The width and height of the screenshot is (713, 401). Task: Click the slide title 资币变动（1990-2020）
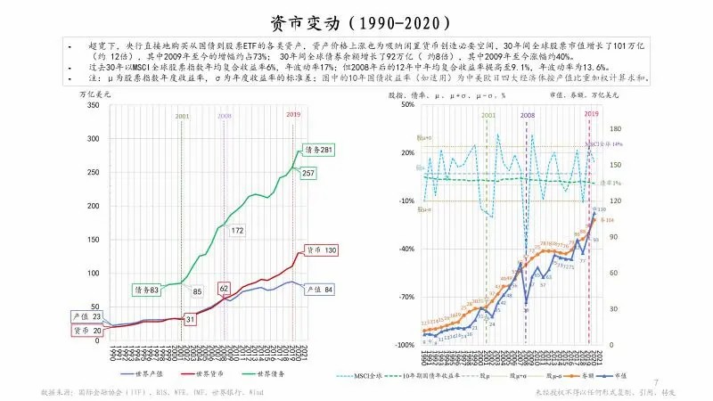tap(356, 20)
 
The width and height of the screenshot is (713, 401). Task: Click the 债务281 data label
tap(317, 149)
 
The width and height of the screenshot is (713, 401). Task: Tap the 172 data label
tap(237, 231)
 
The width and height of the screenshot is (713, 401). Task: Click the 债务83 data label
tap(146, 290)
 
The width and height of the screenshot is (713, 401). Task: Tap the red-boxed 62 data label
tap(225, 289)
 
